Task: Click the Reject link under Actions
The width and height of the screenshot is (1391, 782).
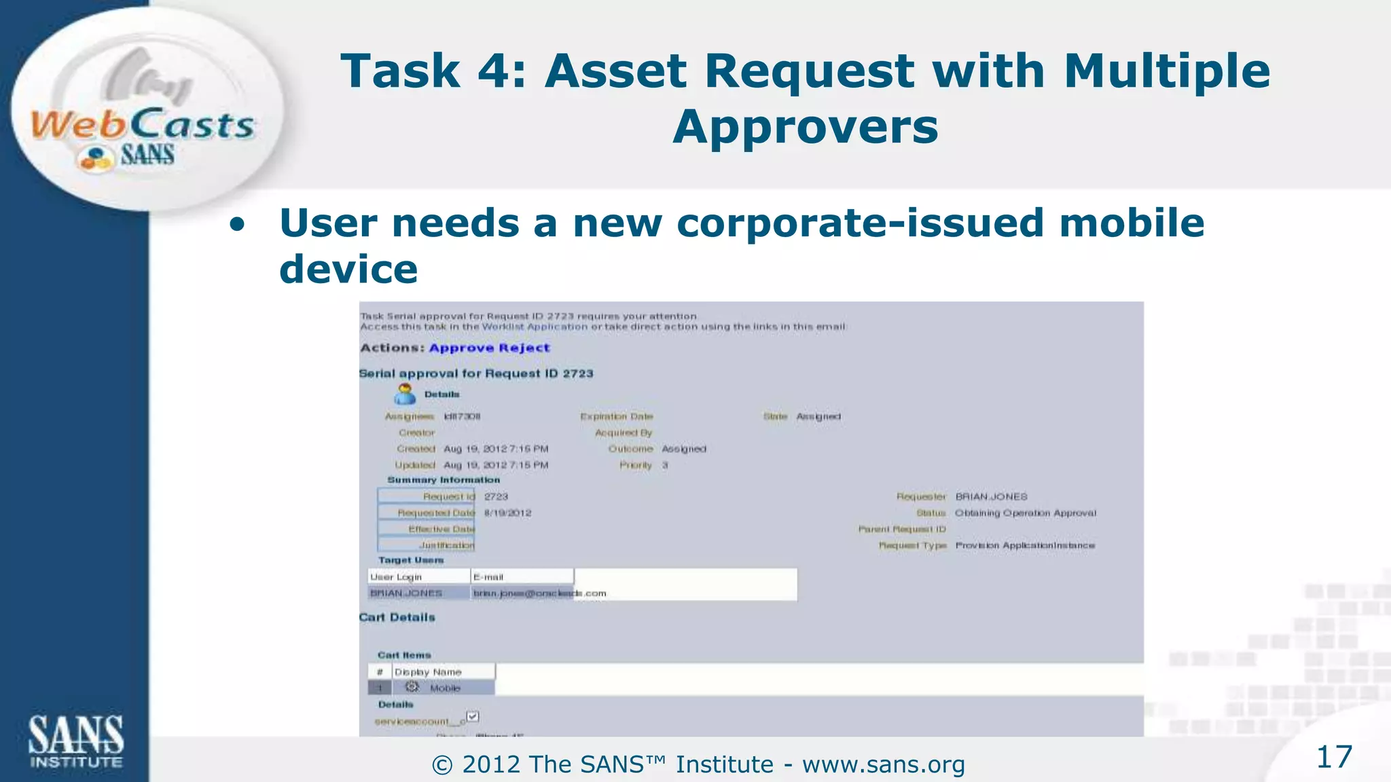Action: (x=524, y=348)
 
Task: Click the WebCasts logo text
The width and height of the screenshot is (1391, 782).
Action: (x=143, y=125)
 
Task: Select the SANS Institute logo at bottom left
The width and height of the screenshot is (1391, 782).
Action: (x=75, y=742)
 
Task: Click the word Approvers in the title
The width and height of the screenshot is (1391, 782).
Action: (x=805, y=127)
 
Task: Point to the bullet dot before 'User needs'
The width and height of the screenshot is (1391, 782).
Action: (x=237, y=225)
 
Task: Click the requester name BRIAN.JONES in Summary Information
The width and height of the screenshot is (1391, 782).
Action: (x=991, y=497)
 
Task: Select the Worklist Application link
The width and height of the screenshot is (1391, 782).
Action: (x=535, y=327)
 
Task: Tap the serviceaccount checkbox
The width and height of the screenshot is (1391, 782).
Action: (x=473, y=717)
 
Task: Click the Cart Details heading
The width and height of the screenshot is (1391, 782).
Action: (x=397, y=617)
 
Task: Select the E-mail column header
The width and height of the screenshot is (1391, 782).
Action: (x=488, y=577)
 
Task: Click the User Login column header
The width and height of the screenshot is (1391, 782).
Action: (x=396, y=577)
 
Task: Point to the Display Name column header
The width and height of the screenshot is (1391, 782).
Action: (x=428, y=672)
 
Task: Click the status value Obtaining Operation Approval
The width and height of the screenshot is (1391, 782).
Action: (x=1025, y=513)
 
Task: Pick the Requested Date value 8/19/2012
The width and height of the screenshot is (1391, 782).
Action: (x=507, y=513)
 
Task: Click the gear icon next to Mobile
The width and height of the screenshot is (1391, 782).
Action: (x=412, y=687)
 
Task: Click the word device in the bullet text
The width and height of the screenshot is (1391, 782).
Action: (x=348, y=270)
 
